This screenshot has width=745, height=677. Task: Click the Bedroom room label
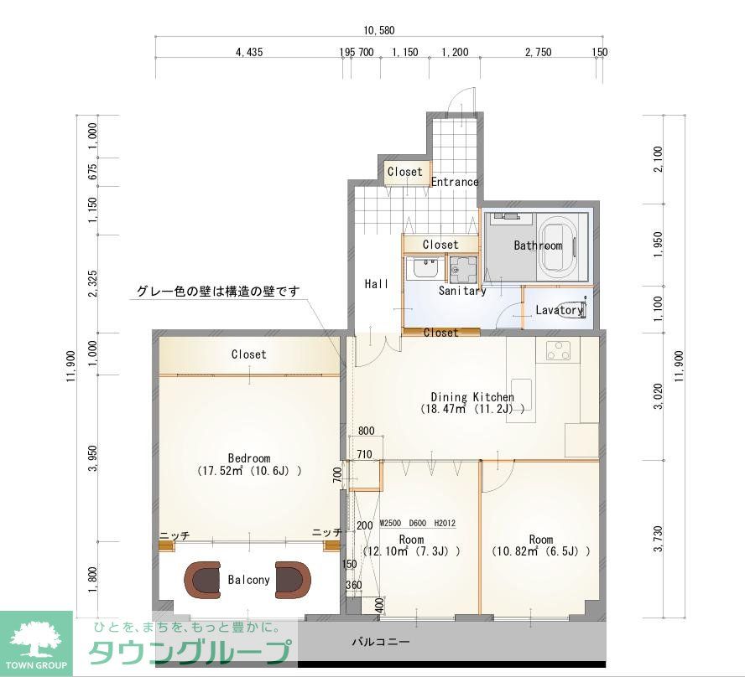[249, 458]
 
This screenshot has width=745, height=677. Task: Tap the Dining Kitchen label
[472, 397]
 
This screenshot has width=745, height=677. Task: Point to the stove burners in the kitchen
[558, 351]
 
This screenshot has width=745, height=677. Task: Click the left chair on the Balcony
[204, 579]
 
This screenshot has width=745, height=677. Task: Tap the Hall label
[377, 285]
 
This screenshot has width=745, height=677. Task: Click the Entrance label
[455, 182]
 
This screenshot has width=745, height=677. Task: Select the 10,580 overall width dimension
[380, 30]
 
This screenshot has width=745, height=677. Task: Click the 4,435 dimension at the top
[249, 53]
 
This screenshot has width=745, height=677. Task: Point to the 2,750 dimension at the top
[538, 53]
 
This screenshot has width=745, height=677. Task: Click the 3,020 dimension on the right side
[659, 395]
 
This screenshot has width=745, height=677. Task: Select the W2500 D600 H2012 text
[417, 524]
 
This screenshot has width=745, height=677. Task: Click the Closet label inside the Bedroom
[249, 354]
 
